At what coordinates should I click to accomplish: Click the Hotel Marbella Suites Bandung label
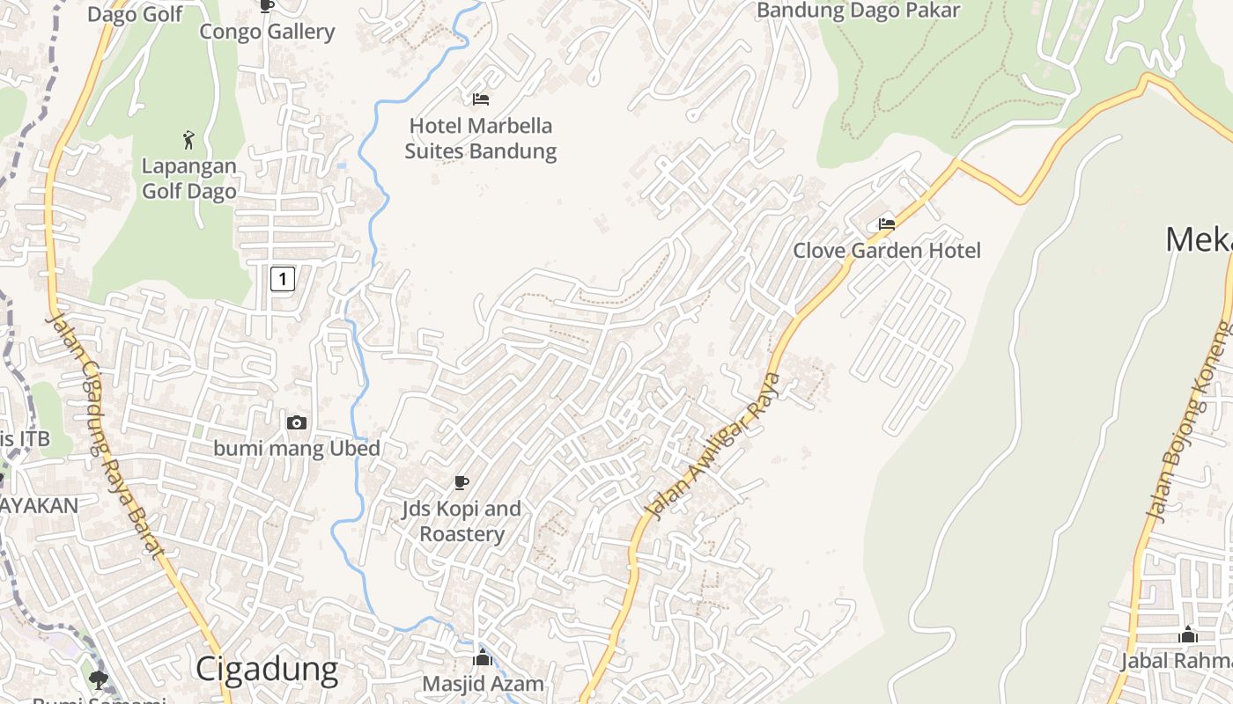(480, 139)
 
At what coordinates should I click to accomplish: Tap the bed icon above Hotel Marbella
(481, 99)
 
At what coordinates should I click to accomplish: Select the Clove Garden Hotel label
(886, 251)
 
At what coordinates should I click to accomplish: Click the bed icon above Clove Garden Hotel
(887, 224)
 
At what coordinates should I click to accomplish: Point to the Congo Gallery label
(267, 32)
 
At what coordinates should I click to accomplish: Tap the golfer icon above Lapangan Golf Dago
(188, 139)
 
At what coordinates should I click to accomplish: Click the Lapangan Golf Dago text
(188, 179)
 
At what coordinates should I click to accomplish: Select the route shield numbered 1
(282, 280)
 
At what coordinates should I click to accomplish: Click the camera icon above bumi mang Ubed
(297, 422)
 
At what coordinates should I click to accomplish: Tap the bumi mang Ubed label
(297, 448)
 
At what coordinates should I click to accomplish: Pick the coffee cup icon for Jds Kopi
(461, 482)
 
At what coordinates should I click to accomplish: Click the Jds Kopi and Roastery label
(461, 521)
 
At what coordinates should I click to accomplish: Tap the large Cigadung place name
(266, 670)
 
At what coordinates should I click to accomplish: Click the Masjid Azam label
(483, 684)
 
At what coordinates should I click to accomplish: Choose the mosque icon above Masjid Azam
(482, 657)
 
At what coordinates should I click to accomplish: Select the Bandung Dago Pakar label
(858, 11)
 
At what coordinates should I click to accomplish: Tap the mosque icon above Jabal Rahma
(1188, 634)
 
